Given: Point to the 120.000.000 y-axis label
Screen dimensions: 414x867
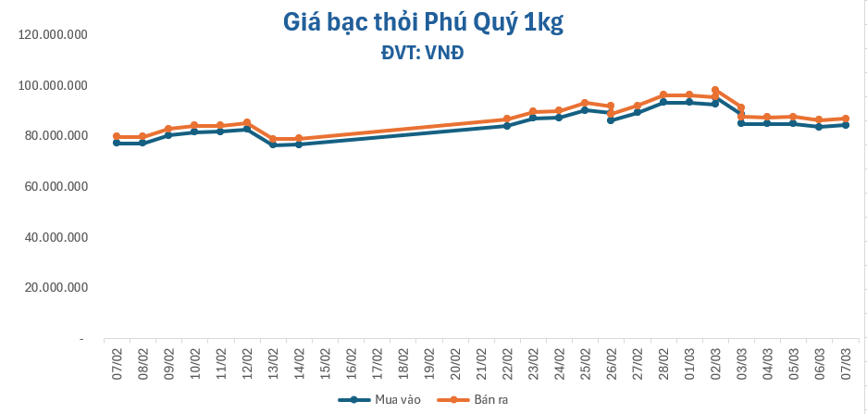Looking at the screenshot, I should tap(53, 35).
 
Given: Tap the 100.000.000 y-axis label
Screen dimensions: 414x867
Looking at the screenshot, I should tap(53, 86).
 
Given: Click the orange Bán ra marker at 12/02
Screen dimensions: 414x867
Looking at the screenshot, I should tap(247, 122).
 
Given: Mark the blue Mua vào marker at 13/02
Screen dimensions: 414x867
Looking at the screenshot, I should tap(273, 145).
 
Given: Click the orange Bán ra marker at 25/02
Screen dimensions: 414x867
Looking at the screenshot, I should tap(585, 103).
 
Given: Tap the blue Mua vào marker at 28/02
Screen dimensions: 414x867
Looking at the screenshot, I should tap(663, 102).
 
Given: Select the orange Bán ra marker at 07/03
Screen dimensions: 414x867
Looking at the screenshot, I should tap(846, 119).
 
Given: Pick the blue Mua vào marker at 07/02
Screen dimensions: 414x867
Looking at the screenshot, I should tap(117, 143).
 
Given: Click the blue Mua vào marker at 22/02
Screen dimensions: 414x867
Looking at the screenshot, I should tap(507, 125).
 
